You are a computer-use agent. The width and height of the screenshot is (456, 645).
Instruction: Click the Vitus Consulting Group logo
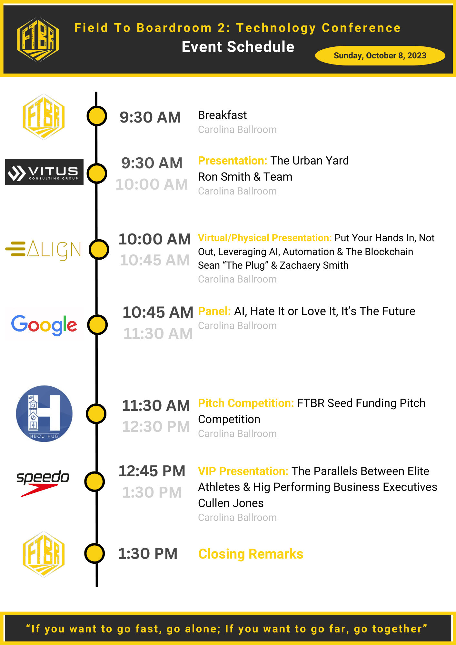tap(44, 172)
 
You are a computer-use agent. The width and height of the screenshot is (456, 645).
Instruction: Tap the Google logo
tap(44, 325)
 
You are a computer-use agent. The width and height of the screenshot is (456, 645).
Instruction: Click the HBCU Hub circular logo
tap(44, 413)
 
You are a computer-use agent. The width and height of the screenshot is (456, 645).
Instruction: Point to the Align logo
tap(43, 250)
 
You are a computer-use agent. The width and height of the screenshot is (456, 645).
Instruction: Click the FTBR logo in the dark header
tap(38, 39)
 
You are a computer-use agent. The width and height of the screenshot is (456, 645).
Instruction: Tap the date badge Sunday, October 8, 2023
tap(380, 55)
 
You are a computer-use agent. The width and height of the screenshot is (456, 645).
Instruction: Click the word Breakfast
tap(222, 115)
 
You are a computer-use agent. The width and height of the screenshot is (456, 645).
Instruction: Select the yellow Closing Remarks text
tap(251, 554)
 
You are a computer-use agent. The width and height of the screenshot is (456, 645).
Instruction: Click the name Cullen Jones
tap(231, 503)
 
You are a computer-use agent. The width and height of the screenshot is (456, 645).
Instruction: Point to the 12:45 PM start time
tap(152, 471)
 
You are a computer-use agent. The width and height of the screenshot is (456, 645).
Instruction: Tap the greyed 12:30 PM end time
tap(156, 427)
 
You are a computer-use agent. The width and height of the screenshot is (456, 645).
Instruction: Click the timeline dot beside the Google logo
tap(97, 325)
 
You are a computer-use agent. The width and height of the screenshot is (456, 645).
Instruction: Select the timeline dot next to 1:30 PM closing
tap(94, 553)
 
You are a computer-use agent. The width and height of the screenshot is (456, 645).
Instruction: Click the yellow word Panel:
tap(214, 311)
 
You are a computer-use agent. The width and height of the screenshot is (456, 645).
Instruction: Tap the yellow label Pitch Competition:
tap(246, 403)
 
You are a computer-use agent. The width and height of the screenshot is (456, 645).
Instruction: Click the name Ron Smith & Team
tap(245, 177)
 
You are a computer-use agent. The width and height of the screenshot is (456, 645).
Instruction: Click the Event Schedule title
tap(238, 47)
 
